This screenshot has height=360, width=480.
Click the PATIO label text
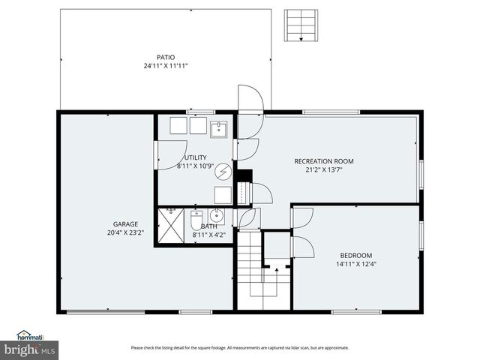pos(166,57)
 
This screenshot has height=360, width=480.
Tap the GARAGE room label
pos(125,223)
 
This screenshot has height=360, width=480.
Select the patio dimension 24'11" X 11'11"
pos(166,66)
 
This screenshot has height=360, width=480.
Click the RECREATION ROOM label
pos(323,161)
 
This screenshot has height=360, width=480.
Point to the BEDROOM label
pos(355,256)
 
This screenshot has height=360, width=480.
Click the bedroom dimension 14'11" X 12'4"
pos(355,265)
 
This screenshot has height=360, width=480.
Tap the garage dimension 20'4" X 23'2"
pos(125,232)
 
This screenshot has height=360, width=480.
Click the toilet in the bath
pos(196,220)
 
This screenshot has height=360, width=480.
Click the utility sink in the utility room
pos(219,128)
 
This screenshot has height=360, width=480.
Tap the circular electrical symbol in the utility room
pos(223,172)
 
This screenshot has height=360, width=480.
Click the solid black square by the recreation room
pos(244,175)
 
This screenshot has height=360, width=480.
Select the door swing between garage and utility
pos(170,154)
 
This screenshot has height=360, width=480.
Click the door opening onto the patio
pos(250,99)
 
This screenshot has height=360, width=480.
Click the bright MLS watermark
pos(29,349)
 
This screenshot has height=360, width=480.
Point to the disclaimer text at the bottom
pos(240,347)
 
